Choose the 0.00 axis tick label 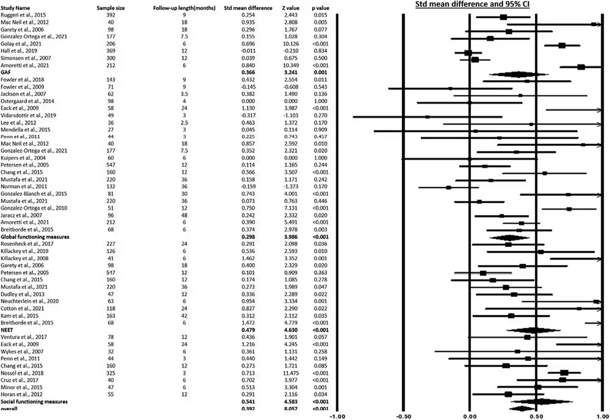[470, 415]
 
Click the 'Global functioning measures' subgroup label [35, 237]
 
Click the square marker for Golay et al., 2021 [562, 45]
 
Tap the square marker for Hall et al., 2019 [468, 53]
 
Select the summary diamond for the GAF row [518, 74]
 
